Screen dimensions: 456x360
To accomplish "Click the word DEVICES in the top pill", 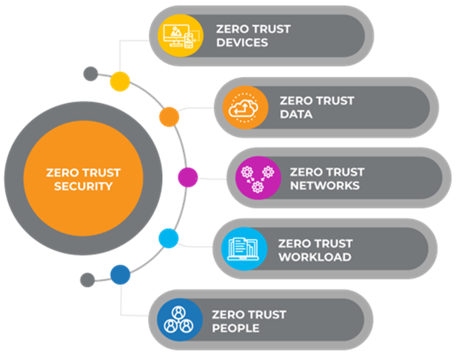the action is tap(242, 42).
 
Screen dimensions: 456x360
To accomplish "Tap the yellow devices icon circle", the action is tap(181, 36).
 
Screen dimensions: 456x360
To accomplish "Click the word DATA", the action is tap(296, 114).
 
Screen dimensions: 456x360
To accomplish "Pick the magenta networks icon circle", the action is tap(258, 178).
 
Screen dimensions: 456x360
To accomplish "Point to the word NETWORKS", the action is tap(325, 186).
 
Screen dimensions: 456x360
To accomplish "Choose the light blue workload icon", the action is tap(244, 249).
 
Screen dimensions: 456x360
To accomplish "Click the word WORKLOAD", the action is tap(315, 257).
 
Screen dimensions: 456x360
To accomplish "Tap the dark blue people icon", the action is tap(180, 319).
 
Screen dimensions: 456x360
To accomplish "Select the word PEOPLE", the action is tap(235, 328).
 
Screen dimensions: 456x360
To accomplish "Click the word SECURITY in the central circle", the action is tap(83, 186).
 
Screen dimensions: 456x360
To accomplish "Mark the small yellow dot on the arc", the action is tap(120, 81).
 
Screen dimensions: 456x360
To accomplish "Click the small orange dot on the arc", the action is tap(169, 117).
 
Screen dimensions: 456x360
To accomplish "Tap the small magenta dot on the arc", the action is tap(188, 177).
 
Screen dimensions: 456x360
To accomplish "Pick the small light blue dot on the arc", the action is tap(169, 239).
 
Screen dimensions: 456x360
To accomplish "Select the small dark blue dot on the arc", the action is tap(120, 275).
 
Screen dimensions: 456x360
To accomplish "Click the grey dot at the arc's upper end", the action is tap(91, 73).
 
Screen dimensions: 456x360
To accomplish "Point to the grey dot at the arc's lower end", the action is tap(87, 280).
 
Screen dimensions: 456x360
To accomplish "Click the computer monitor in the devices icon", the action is tap(175, 35).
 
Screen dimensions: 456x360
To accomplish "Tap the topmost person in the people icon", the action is tap(178, 313).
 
